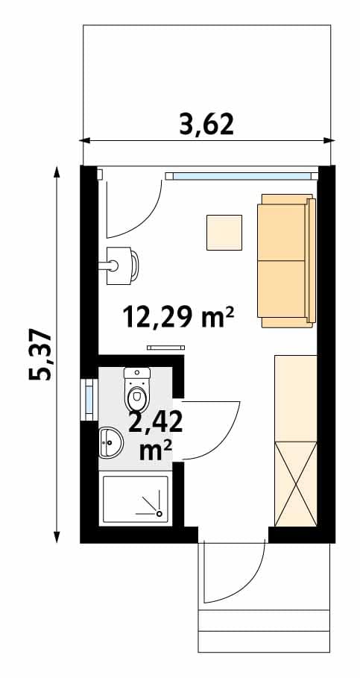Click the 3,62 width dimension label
click(x=206, y=125)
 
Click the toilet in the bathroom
click(x=137, y=389)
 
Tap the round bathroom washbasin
click(x=111, y=442)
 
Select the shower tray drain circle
click(x=159, y=513)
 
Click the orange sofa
click(x=286, y=261)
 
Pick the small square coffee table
click(x=224, y=233)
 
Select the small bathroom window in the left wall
click(x=89, y=399)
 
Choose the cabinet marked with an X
click(x=296, y=484)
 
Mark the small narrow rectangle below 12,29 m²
click(x=166, y=348)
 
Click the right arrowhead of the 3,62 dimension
click(x=330, y=140)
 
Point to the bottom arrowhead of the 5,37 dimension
click(x=56, y=537)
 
